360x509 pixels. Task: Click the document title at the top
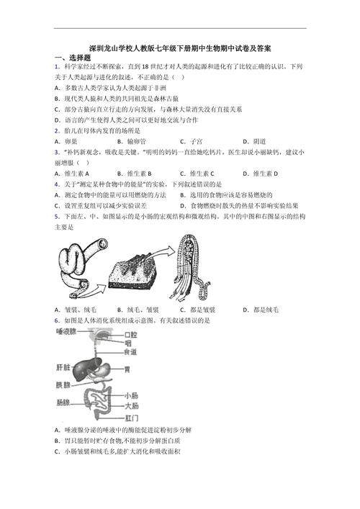tap(180, 48)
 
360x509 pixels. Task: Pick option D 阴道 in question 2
tap(254, 141)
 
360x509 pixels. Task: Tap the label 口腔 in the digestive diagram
tap(130, 335)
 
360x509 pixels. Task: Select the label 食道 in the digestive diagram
tap(130, 352)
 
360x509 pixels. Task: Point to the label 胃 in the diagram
tap(127, 369)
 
